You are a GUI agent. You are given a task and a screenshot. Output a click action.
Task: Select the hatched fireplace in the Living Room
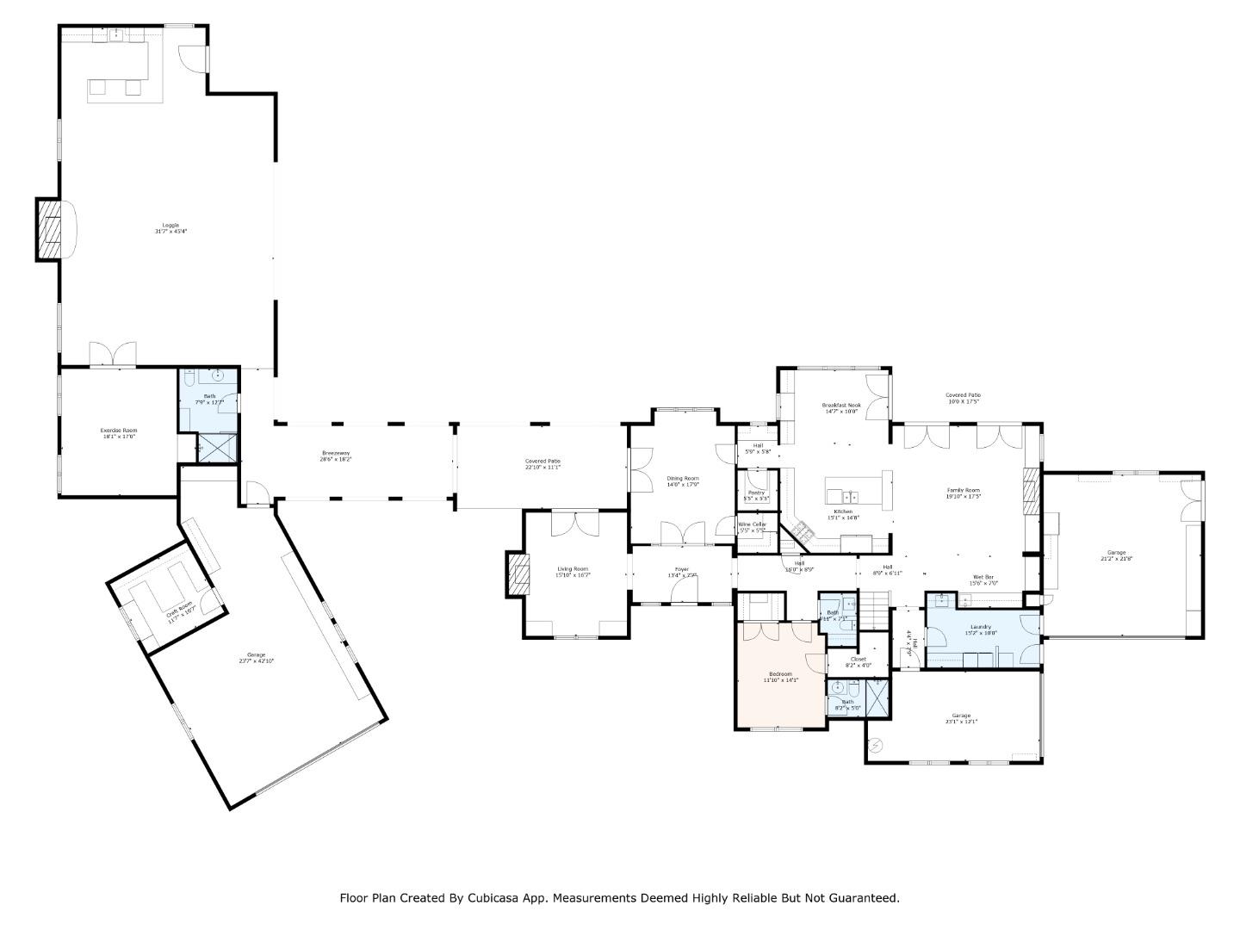pyautogui.click(x=518, y=573)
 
